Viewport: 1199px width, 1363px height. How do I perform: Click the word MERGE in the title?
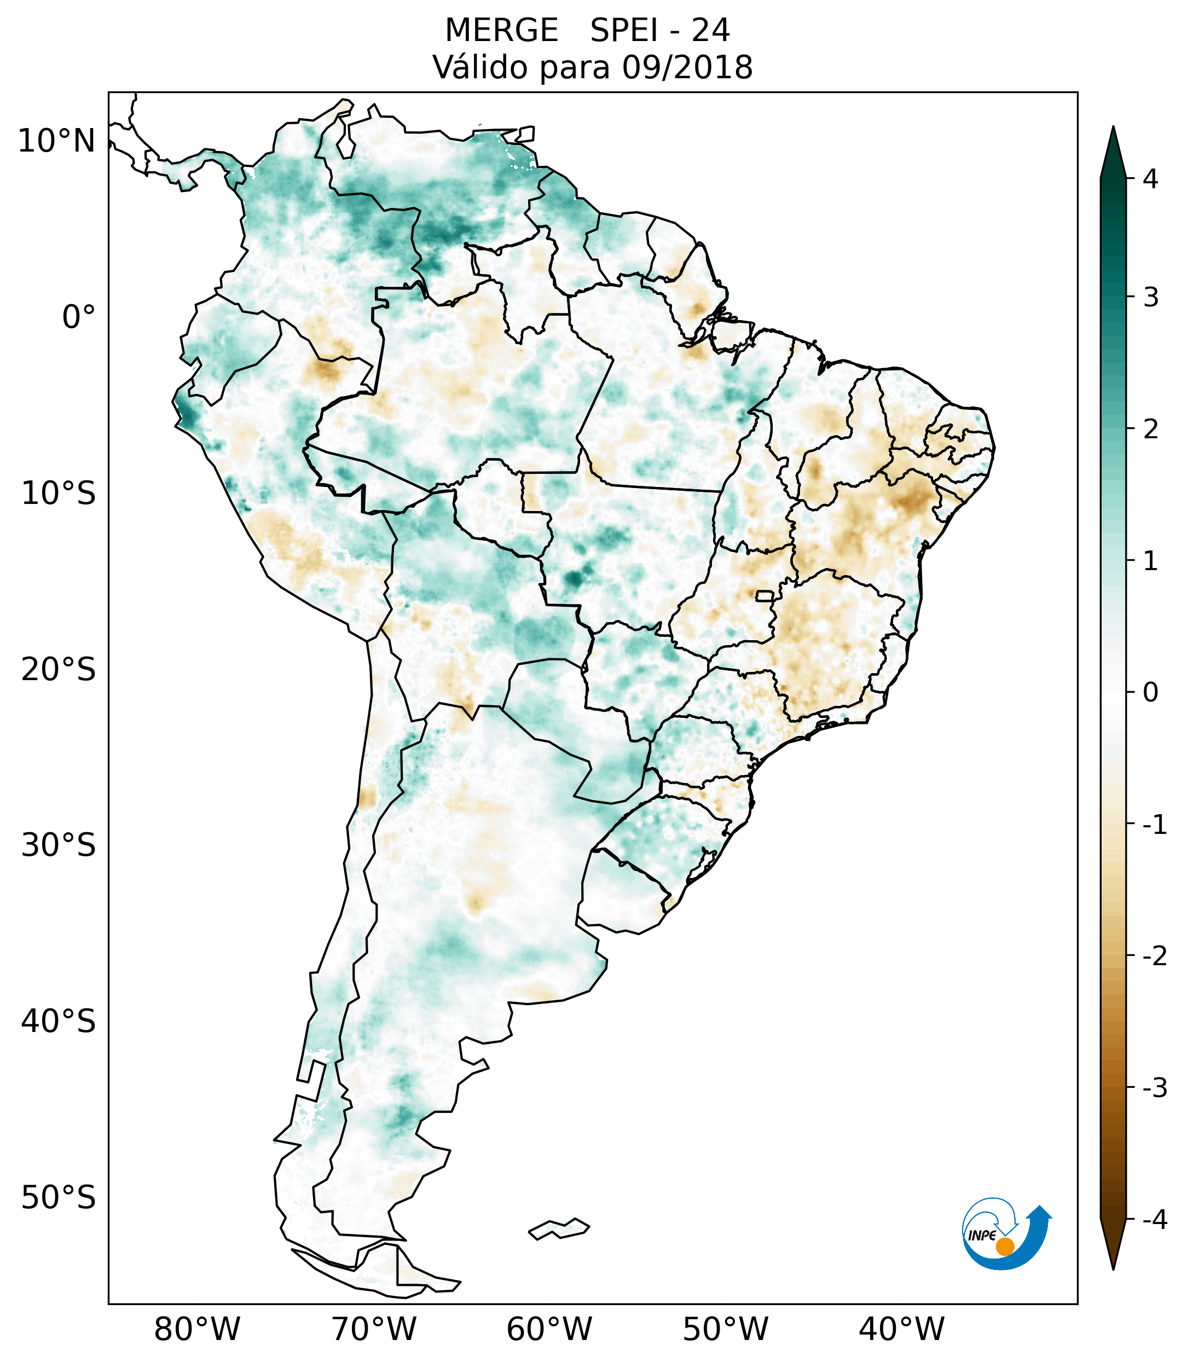501,31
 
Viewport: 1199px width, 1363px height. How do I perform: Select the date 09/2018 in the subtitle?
687,67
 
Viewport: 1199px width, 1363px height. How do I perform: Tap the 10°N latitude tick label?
56,141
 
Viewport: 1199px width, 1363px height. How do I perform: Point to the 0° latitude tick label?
79,317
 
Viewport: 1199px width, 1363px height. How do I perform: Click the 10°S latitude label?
59,494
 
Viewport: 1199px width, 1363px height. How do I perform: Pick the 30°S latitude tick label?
59,845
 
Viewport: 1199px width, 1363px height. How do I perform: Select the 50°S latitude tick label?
59,1198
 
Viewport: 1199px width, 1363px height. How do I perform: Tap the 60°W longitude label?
549,1329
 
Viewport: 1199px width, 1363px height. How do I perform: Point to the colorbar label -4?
1154,1220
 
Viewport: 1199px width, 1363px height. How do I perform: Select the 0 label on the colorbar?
1150,693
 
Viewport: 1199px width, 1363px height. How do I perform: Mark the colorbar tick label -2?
1154,956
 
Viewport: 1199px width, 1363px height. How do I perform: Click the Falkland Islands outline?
559,1229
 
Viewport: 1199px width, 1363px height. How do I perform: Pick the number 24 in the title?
710,31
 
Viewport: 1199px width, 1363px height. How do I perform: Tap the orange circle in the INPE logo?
1004,1246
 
